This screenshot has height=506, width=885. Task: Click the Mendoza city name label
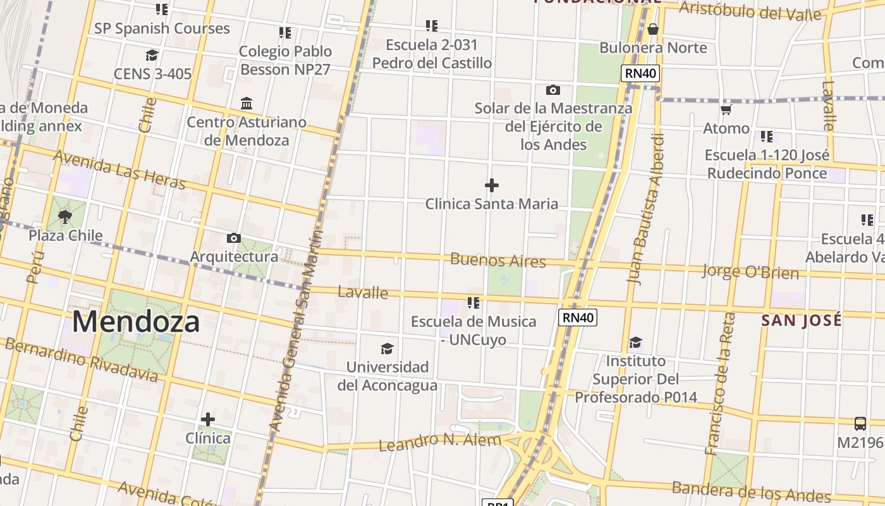(136, 322)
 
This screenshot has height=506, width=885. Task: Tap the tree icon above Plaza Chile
(64, 217)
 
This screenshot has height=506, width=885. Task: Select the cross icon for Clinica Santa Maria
(491, 185)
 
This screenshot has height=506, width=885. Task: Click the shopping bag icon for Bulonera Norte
(653, 28)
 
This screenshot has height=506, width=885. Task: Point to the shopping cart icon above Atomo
(726, 109)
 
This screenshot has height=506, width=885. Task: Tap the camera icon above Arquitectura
(234, 238)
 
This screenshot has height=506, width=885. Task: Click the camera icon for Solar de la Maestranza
(552, 90)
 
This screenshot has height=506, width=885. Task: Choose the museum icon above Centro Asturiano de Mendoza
(247, 103)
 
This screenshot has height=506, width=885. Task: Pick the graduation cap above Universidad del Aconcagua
(387, 349)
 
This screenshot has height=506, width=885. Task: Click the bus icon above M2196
(860, 423)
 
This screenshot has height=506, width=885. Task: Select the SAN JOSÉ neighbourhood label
(802, 320)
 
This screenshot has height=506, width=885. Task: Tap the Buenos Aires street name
(498, 260)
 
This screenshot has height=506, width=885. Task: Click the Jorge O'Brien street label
(750, 273)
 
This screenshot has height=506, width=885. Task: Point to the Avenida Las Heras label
(119, 169)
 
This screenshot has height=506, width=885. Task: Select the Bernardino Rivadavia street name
(81, 360)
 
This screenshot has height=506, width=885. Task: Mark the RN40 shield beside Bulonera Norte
(641, 73)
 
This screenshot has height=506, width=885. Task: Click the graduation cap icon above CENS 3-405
(152, 56)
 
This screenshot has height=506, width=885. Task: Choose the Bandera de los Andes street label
(751, 491)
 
